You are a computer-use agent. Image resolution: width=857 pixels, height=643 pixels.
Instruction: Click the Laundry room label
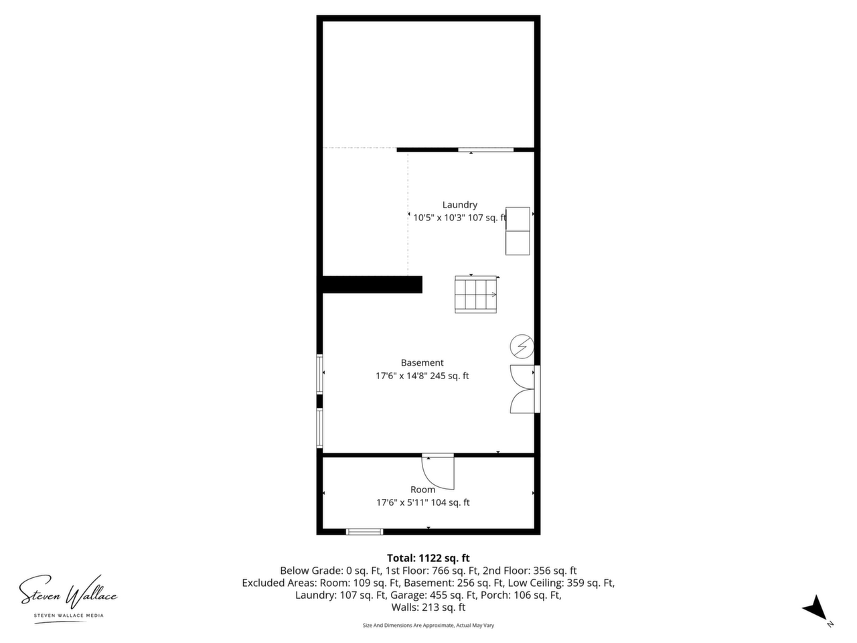point(459,205)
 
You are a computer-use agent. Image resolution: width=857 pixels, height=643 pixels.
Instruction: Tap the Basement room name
point(422,362)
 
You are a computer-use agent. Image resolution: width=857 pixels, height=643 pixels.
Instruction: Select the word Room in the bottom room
point(423,490)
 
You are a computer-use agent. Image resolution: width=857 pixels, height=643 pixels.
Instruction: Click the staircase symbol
point(475,294)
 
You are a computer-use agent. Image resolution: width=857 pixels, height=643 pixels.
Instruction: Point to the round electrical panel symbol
point(522,346)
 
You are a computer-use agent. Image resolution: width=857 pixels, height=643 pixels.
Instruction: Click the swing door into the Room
point(438,472)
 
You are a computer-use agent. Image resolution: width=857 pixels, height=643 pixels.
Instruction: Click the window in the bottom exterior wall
point(365,532)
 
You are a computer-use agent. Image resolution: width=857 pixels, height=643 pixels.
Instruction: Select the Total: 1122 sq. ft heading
point(428,558)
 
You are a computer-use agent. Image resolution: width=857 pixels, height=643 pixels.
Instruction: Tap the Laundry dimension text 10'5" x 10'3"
point(439,218)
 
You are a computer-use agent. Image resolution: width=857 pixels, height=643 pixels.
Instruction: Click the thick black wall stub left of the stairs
point(372,284)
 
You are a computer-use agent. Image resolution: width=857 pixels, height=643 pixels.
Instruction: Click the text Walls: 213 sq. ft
point(428,607)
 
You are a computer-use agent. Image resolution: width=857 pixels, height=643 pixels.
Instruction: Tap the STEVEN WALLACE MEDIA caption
point(69,616)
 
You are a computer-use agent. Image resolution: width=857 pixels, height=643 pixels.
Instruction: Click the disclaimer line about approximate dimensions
point(428,626)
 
